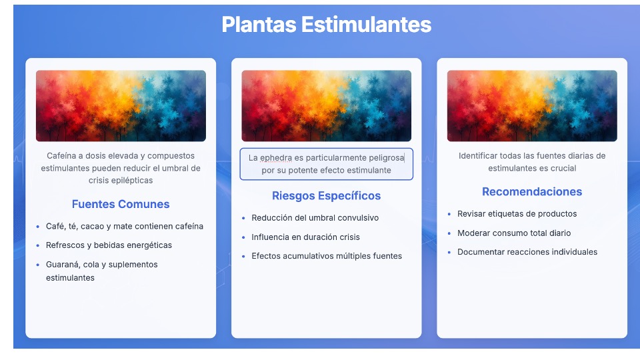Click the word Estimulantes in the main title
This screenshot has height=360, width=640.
click(366, 25)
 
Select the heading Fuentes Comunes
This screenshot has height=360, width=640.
click(121, 204)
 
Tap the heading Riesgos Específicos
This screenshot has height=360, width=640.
click(326, 196)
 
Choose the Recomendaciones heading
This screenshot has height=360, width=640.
click(532, 192)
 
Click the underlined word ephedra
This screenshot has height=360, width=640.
click(276, 158)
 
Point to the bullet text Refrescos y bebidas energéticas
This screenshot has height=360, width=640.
click(109, 245)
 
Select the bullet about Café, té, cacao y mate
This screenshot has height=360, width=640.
click(125, 226)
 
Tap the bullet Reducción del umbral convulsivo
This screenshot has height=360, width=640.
click(315, 218)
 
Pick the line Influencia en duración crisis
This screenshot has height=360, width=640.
click(306, 237)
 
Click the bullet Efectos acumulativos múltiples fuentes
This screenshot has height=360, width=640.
click(327, 256)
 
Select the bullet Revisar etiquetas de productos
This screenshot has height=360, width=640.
click(517, 214)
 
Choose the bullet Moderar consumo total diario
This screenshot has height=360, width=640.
click(514, 233)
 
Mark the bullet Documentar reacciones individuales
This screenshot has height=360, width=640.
click(527, 252)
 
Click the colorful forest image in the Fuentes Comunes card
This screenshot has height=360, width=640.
click(121, 106)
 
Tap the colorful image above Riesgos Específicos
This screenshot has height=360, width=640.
click(327, 106)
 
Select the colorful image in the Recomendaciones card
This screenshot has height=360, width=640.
click(532, 106)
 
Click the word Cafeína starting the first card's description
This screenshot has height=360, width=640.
click(61, 156)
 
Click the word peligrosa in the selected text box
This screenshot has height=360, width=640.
click(386, 158)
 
